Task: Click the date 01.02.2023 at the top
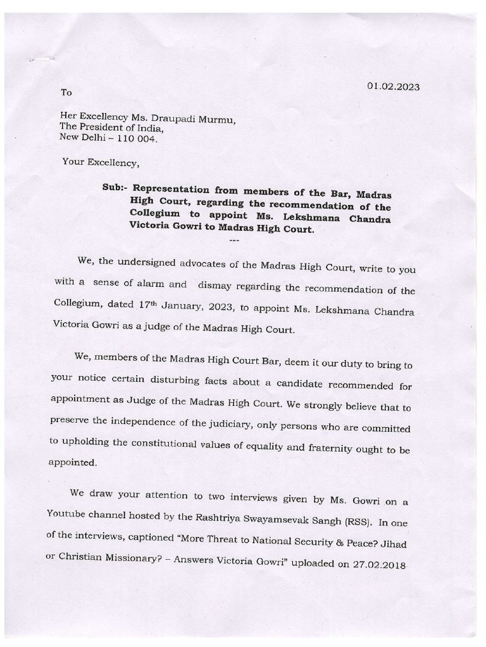[393, 87]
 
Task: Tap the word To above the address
[66, 93]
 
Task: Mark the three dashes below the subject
[233, 241]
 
